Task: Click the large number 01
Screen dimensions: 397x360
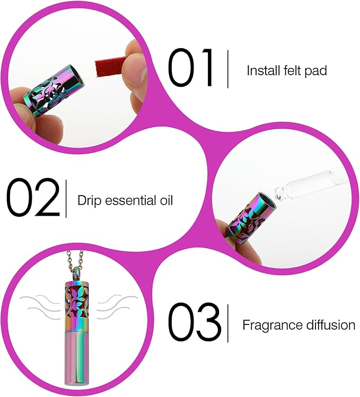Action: click(191, 69)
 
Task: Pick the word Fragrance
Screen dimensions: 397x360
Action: click(270, 325)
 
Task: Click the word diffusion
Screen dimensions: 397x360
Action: click(329, 325)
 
